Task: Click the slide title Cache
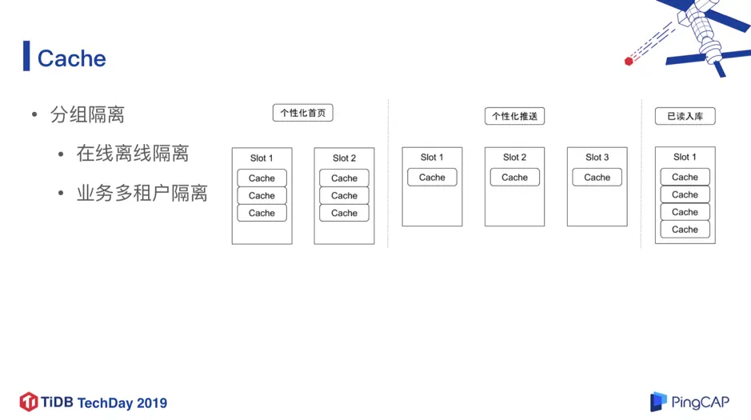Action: [x=71, y=58]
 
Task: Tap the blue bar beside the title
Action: [x=26, y=56]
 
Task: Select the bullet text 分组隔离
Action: [x=87, y=114]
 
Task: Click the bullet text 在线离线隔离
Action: [x=132, y=153]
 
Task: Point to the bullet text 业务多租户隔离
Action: [x=142, y=193]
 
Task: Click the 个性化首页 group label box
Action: [x=302, y=113]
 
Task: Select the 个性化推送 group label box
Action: [x=514, y=116]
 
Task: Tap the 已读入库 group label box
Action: [x=685, y=116]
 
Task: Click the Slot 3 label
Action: [x=597, y=158]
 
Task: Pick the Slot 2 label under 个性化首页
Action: [x=344, y=158]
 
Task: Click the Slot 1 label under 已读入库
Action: [x=685, y=158]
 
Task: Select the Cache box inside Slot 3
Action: [x=597, y=178]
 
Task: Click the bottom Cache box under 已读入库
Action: [x=685, y=230]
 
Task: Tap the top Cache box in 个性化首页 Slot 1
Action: [x=262, y=178]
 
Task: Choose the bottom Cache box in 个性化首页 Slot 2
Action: [x=344, y=213]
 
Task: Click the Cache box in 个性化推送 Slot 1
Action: [x=432, y=178]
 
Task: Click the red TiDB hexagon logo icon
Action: [x=29, y=402]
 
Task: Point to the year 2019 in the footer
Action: [x=152, y=403]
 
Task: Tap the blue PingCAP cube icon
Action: [x=658, y=402]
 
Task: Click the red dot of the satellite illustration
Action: [x=629, y=62]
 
